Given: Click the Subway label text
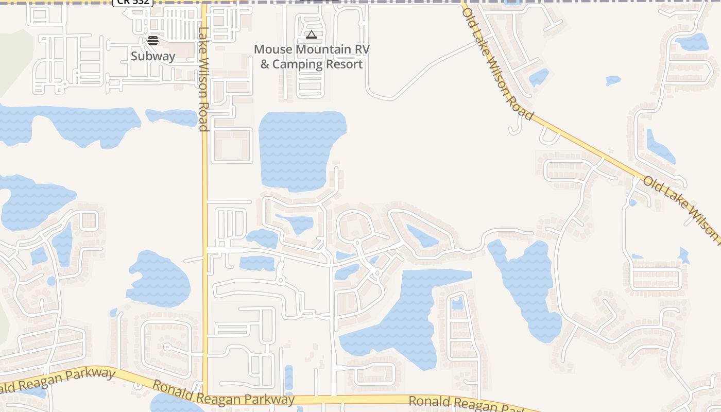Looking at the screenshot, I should [x=153, y=56].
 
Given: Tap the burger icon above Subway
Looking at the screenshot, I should [x=153, y=40].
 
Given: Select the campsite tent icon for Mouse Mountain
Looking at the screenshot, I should [x=311, y=35].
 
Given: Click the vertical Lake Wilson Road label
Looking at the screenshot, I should [x=204, y=79].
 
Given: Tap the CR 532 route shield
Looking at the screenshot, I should [x=133, y=2].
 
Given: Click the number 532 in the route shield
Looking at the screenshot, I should [x=140, y=2].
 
